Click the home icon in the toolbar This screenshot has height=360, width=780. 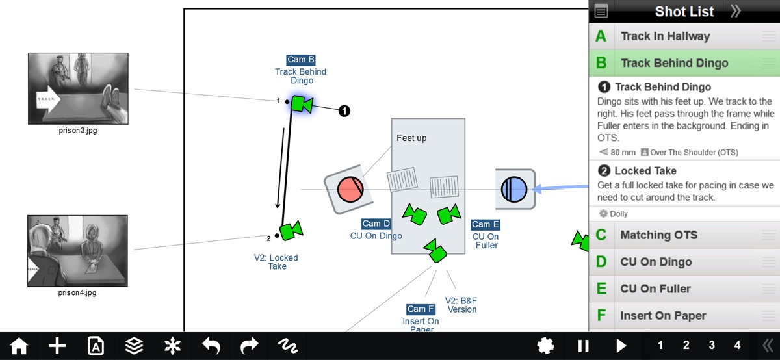tap(19, 346)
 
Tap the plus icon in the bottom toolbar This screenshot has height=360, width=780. tap(57, 346)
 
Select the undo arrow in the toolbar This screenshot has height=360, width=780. tap(211, 346)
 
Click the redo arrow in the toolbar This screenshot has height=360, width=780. tap(249, 346)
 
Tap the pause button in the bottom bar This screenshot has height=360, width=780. tap(583, 346)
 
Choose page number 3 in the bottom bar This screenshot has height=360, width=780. tap(712, 346)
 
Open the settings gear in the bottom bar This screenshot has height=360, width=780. tap(546, 346)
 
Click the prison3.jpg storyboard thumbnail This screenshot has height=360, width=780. tap(78, 88)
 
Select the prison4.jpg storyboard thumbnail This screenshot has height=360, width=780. tap(78, 251)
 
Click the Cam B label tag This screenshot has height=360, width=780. tap(300, 60)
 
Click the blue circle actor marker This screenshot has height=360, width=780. tap(514, 190)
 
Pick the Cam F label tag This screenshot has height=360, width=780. tap(421, 309)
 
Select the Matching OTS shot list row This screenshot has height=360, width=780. tap(659, 235)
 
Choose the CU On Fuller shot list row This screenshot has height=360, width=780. tap(655, 289)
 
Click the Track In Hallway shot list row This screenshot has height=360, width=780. tap(665, 36)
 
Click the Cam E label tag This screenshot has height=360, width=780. tap(486, 225)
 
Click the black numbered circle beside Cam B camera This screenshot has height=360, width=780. tap(344, 111)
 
